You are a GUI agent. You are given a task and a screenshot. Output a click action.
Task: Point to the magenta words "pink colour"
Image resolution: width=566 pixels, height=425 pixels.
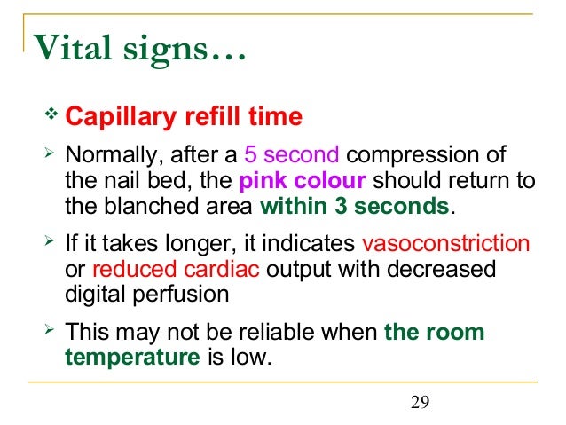click(x=303, y=183)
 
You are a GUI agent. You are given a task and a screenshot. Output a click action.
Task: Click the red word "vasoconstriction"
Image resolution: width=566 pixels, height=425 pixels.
click(x=446, y=243)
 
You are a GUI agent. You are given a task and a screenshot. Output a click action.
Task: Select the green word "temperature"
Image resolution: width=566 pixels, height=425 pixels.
click(x=132, y=358)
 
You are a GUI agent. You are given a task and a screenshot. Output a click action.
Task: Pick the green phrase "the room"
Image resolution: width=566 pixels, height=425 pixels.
click(x=434, y=333)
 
